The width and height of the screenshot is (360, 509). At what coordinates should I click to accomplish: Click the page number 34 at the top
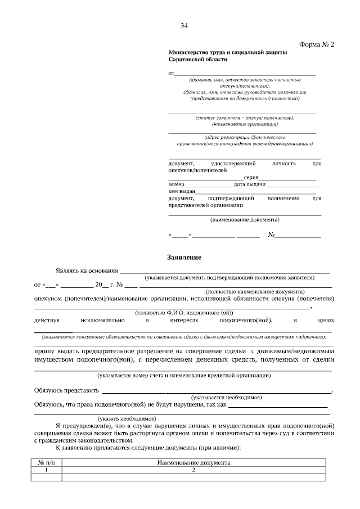tap(184, 25)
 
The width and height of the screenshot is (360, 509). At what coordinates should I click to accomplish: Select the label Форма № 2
tap(317, 45)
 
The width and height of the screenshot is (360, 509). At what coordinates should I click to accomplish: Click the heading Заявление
tap(184, 257)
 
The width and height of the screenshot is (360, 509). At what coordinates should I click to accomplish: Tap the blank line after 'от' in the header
tap(245, 74)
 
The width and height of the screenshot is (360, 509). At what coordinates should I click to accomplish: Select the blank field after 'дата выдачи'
tap(292, 184)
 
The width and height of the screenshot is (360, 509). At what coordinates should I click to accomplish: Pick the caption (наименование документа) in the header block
tap(245, 219)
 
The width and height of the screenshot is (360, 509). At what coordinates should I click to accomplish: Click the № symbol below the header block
tap(271, 235)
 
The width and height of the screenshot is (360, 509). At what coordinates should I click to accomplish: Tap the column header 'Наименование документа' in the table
tap(193, 462)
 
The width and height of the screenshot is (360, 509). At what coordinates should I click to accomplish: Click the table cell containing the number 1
tap(47, 470)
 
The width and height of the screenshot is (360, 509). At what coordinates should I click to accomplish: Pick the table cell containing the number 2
tap(193, 470)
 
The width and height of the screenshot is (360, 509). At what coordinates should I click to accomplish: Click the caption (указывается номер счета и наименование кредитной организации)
tap(184, 375)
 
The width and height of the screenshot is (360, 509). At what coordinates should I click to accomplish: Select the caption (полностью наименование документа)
tap(255, 292)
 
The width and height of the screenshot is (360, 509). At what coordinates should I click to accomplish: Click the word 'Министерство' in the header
tap(187, 52)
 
